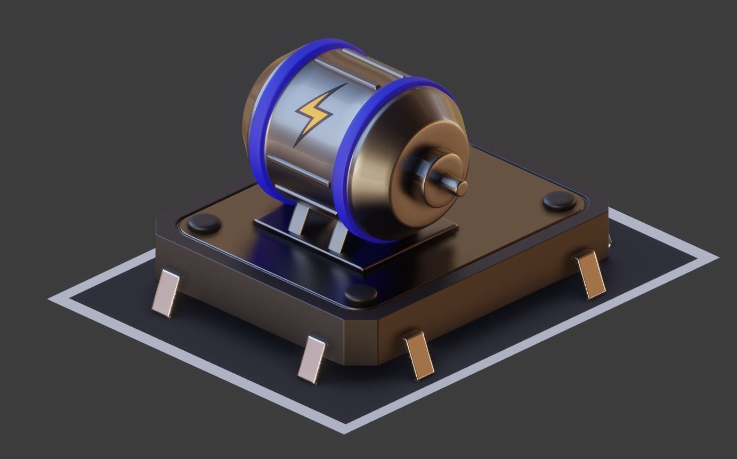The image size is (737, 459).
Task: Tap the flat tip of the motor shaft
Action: (x=462, y=188)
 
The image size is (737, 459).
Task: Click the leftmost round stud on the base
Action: (x=205, y=223)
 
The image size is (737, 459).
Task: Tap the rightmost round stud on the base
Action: (x=559, y=200)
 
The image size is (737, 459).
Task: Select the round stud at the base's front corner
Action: (x=361, y=293)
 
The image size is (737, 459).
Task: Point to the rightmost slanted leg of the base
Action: (x=590, y=275)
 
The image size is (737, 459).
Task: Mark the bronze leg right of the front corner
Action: (x=419, y=355)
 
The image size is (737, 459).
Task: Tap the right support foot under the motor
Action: (x=338, y=238)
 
